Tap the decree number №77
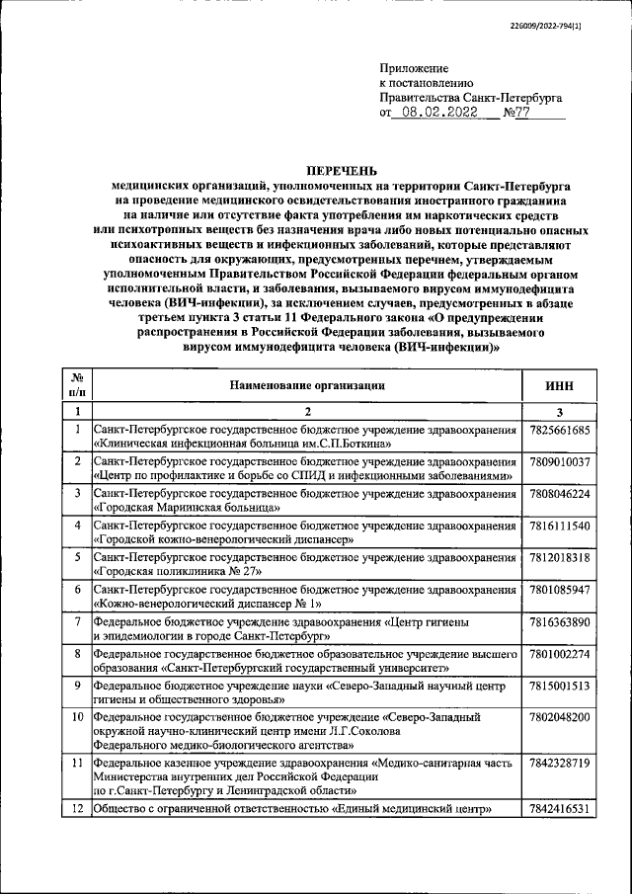(x=519, y=114)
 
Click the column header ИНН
(x=559, y=385)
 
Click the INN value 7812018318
(x=559, y=557)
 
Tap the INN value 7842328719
(x=559, y=764)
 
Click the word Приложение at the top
(x=414, y=68)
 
